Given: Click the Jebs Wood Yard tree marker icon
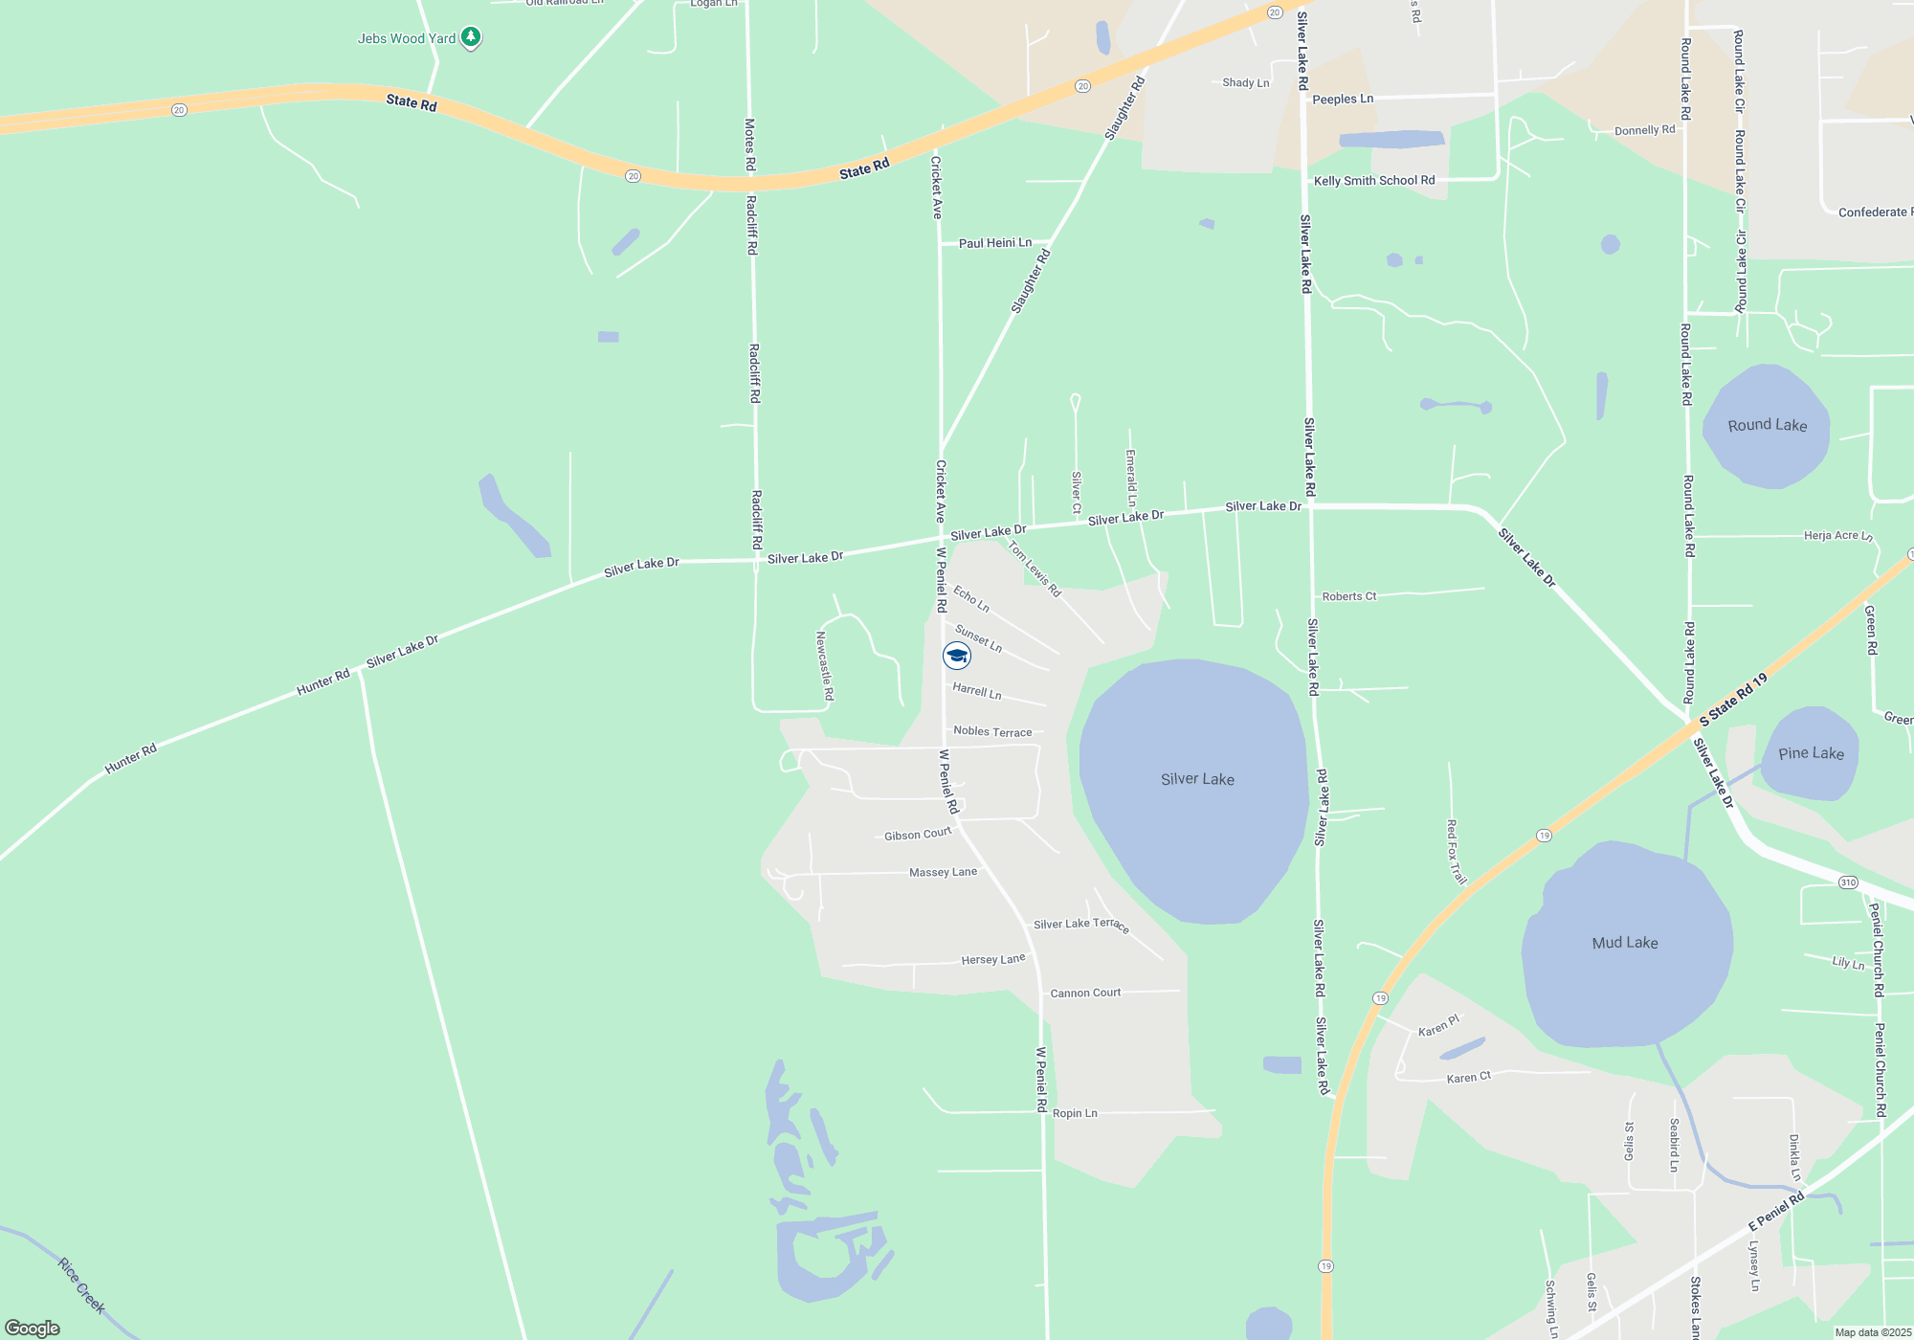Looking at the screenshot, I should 470,37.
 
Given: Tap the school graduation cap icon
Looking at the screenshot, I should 957,656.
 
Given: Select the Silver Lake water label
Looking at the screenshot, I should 1197,779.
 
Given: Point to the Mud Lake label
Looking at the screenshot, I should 1625,943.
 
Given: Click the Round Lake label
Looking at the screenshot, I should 1768,425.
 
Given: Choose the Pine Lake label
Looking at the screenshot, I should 1811,753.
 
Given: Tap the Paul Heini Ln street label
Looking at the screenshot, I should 995,243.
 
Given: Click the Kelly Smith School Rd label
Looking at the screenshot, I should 1374,181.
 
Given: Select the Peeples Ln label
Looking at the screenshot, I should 1343,99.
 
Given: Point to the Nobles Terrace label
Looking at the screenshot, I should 992,731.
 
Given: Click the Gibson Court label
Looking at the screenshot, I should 918,835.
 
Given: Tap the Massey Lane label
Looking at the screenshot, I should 943,872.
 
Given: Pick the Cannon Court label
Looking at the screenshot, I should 1085,993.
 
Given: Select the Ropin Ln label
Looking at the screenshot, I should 1075,1113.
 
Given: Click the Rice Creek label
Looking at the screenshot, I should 81,1285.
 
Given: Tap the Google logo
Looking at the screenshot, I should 33,1329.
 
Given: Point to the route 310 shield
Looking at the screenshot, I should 1847,882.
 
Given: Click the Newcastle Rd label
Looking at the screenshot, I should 824,665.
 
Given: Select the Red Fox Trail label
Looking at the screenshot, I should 1456,852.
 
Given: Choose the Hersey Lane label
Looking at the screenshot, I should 992,959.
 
